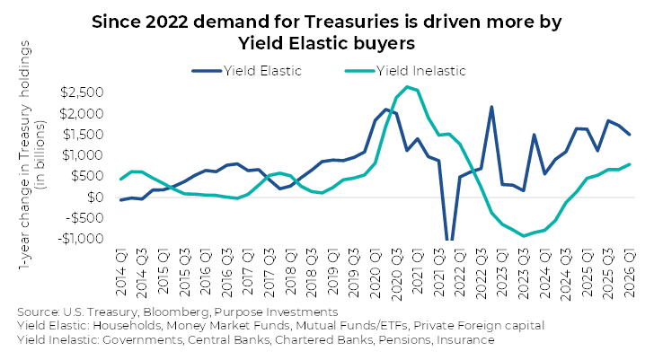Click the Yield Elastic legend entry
247,71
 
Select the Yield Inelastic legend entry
405,71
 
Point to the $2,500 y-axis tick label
82,92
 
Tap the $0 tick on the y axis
95,197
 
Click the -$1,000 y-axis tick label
81,238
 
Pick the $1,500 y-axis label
83,134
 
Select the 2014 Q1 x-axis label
121,272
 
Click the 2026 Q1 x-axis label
629,273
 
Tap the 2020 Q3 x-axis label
396,274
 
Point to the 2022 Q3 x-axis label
481,274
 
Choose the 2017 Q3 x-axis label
269,273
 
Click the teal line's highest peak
407,87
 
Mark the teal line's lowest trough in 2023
524,236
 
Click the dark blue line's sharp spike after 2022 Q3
491,107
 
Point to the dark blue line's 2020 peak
385,110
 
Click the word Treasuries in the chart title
350,22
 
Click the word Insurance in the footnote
465,340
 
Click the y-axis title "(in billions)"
41,155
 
